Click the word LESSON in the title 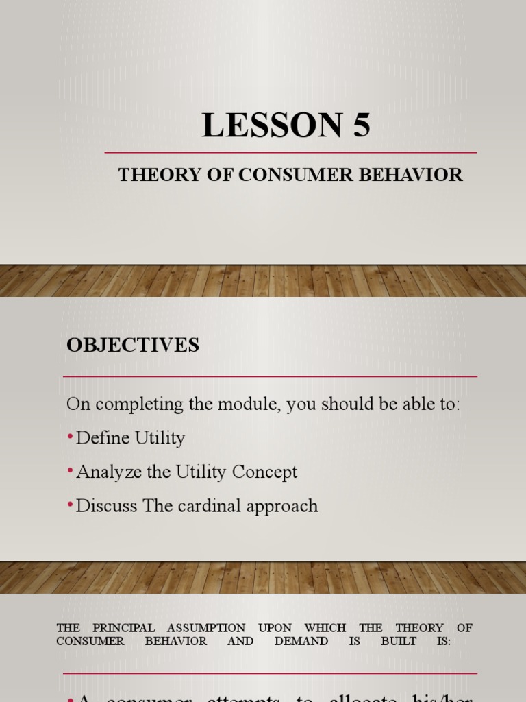pos(272,125)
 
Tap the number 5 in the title pos(361,125)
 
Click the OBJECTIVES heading pos(133,345)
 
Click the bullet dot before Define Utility pos(71,437)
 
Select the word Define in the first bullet pos(99,437)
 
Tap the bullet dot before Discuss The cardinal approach pos(71,505)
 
